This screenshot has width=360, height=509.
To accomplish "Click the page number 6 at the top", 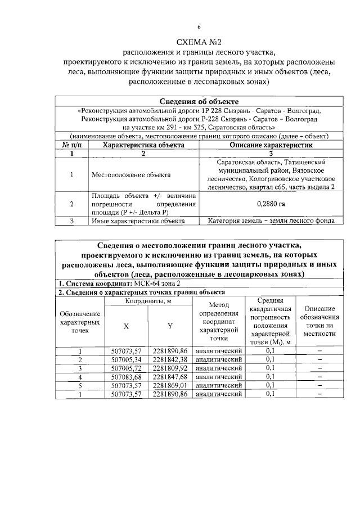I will [x=198, y=27].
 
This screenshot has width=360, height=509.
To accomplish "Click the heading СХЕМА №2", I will [x=198, y=42].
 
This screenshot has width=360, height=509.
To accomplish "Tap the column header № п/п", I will [x=71, y=145].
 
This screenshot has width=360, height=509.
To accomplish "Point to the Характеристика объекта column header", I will [x=143, y=145].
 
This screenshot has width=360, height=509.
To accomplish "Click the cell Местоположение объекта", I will [x=131, y=175].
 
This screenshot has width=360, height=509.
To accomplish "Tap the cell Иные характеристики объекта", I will [x=138, y=221].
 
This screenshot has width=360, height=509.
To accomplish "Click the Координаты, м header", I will [x=148, y=303].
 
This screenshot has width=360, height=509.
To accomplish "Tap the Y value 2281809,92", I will [x=169, y=368].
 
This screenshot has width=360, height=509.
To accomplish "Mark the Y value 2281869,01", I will [x=169, y=385].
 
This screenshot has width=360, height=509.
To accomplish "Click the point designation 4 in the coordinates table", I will [x=80, y=376].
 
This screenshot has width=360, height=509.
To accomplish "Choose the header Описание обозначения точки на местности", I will [x=319, y=325].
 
